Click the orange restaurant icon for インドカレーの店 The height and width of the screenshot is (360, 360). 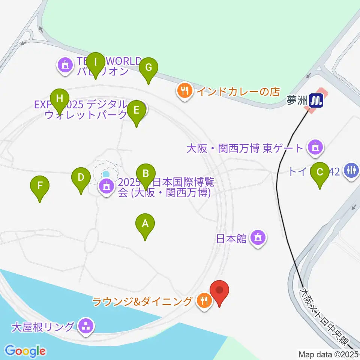(184, 90)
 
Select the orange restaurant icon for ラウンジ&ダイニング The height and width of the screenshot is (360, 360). (204, 300)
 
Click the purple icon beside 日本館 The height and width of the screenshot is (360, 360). (258, 237)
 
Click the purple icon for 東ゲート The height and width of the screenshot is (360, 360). (315, 147)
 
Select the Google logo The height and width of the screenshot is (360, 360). (25, 351)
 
